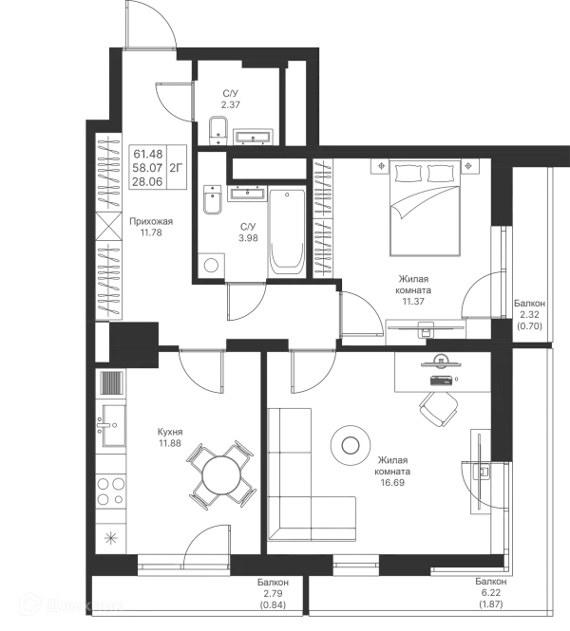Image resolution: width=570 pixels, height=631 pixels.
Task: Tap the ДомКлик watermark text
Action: pos(86,605)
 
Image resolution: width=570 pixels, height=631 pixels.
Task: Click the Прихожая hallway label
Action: pos(151,224)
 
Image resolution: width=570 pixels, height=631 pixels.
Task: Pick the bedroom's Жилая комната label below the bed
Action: pos(414,290)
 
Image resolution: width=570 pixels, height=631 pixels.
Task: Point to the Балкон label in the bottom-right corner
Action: pos(490,592)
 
